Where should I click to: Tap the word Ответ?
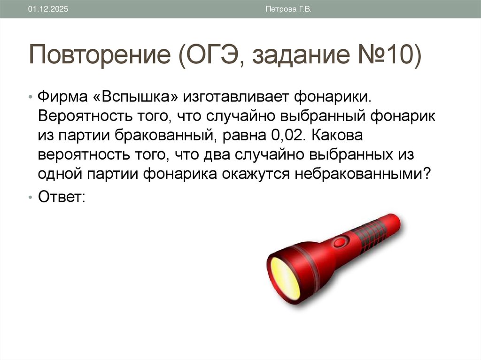click(x=60, y=196)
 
